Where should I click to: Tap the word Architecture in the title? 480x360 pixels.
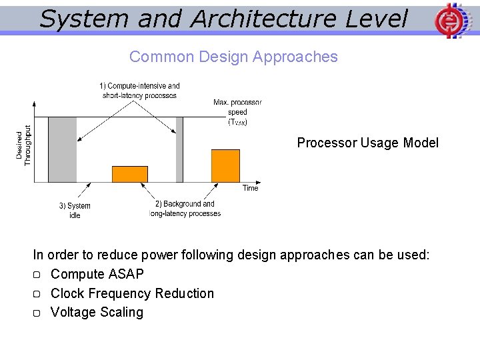tap(264, 19)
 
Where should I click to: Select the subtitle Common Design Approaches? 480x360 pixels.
tap(233, 57)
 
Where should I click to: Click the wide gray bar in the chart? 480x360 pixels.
tap(63, 149)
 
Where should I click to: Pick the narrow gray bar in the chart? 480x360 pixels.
tap(179, 149)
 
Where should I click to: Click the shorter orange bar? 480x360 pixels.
tap(130, 174)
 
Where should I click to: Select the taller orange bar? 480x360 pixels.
tap(225, 166)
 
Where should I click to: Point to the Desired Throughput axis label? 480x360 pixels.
tap(23, 145)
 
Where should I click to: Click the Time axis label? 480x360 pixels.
tap(250, 188)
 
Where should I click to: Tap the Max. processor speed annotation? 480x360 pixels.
tap(237, 112)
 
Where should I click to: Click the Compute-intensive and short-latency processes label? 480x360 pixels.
tap(139, 91)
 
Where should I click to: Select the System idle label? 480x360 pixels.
tap(75, 211)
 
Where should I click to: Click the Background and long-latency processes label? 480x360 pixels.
tap(185, 209)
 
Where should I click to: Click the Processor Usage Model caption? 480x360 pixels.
tap(367, 143)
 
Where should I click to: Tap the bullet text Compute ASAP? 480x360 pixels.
tap(97, 274)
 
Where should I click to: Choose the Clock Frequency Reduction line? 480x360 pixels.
tap(132, 293)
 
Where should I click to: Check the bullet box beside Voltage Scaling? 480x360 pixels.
tap(37, 313)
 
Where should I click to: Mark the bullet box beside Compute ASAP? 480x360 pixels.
tap(37, 275)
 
